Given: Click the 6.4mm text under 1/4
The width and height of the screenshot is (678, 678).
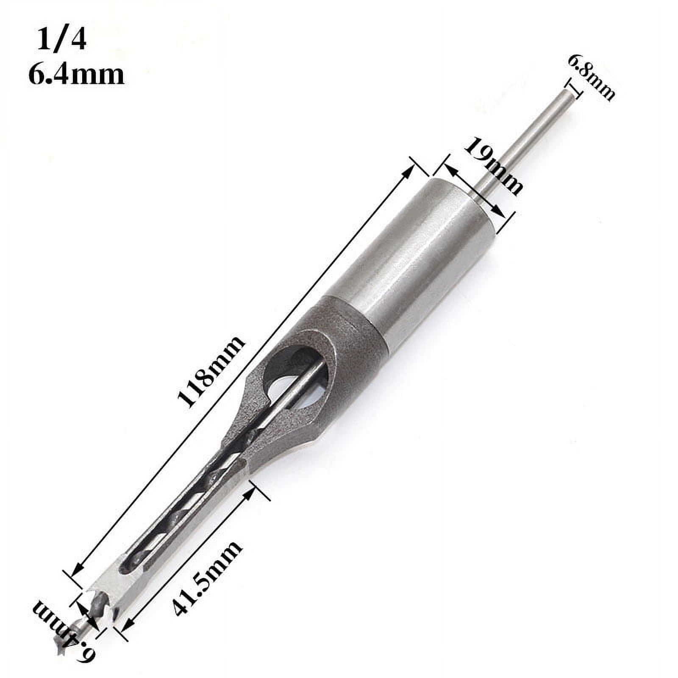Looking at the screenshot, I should click(76, 75).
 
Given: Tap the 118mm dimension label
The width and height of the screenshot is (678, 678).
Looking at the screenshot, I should click(211, 372).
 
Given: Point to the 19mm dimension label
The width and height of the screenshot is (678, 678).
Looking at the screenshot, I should click(493, 167).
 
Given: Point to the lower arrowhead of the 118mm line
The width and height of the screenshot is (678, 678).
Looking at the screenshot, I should click(76, 572).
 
